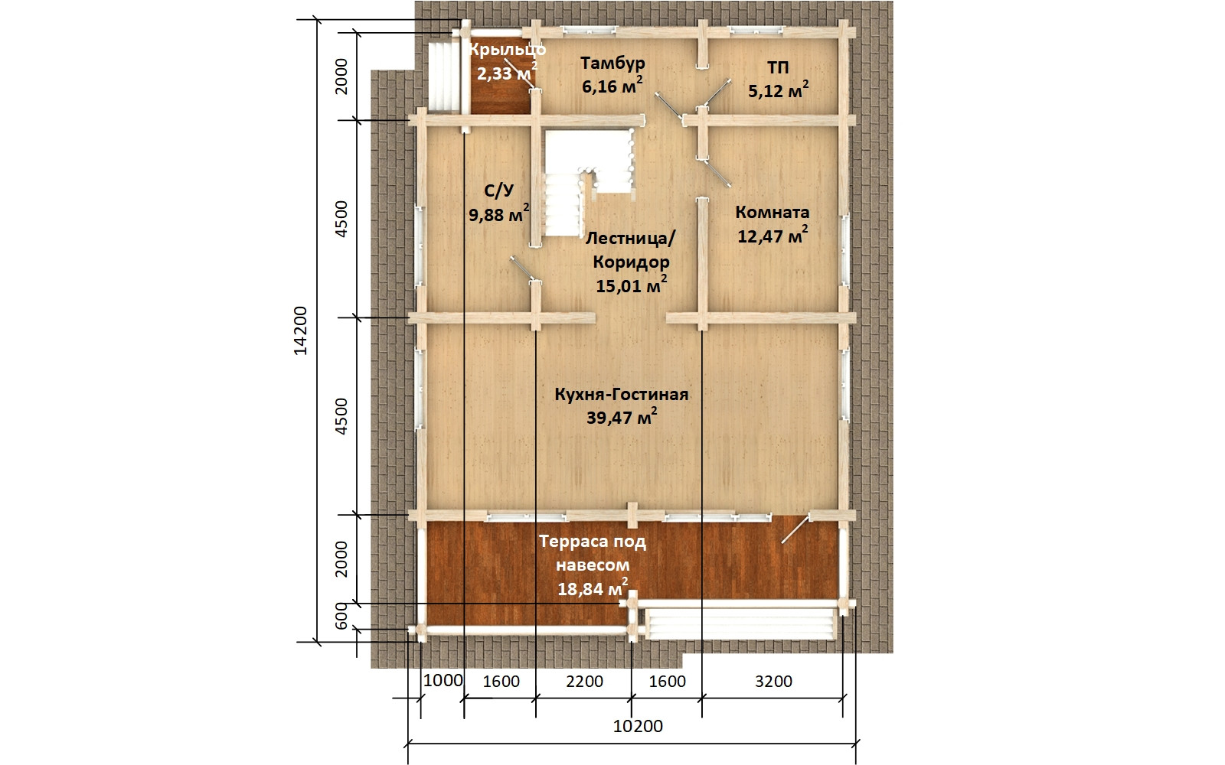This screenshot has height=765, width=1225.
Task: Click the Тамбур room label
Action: click(x=612, y=63)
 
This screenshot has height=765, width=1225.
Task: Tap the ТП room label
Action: click(x=778, y=68)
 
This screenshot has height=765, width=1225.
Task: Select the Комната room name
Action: click(x=773, y=212)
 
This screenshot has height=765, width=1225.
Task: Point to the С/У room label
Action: click(x=498, y=190)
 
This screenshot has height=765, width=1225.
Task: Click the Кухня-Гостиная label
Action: click(x=621, y=394)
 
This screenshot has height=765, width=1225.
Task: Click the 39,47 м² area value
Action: click(x=621, y=417)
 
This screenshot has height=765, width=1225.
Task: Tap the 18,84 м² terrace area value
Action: click(x=593, y=588)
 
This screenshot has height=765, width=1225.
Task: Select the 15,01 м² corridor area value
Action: click(x=631, y=285)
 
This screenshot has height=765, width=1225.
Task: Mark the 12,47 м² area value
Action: click(x=773, y=236)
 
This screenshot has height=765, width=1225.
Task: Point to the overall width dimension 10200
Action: click(x=638, y=726)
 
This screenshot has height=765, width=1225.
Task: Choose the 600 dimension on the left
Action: click(x=341, y=616)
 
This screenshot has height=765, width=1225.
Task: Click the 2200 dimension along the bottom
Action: click(x=584, y=682)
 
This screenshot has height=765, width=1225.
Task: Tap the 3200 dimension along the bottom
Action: click(x=773, y=682)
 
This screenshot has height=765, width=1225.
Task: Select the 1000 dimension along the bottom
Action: click(x=443, y=681)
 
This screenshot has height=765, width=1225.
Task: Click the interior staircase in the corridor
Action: click(x=589, y=183)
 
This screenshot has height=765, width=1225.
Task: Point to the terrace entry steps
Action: click(x=741, y=623)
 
